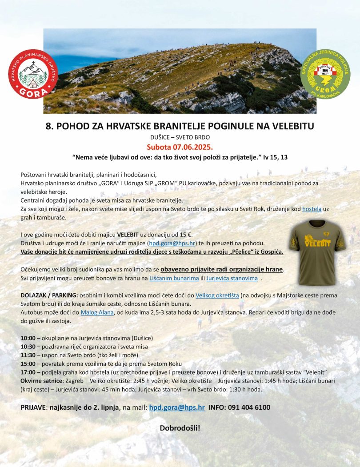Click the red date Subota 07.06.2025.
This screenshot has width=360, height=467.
[x=180, y=147]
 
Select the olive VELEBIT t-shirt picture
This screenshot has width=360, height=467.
[x=316, y=251]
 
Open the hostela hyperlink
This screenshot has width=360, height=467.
[x=312, y=209]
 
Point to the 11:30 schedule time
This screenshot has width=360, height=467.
[x=28, y=355]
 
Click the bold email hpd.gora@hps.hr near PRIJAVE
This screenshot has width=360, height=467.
[x=177, y=407]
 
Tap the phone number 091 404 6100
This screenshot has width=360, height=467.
[x=249, y=407]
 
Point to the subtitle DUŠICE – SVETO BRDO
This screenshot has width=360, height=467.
[x=180, y=137]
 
